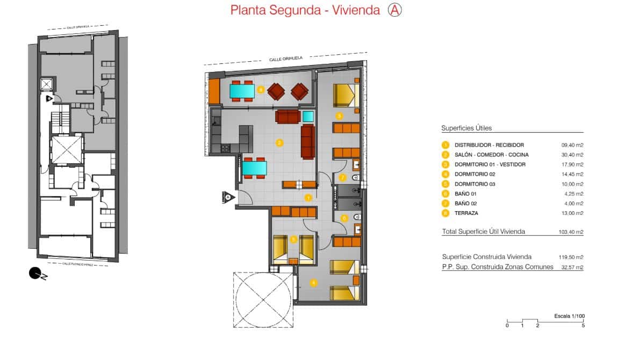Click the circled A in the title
click(x=395, y=10)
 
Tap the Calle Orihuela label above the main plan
click(x=285, y=57)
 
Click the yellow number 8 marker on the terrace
click(x=261, y=90)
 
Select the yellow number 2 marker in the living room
click(x=279, y=143)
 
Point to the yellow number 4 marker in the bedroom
click(x=313, y=282)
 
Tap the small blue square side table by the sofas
click(x=308, y=117)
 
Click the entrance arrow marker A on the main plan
click(x=228, y=197)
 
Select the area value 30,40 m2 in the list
click(x=572, y=155)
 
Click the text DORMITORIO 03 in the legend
click(x=482, y=184)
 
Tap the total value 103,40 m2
click(x=571, y=232)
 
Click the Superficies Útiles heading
click(x=466, y=128)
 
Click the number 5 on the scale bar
click(x=583, y=326)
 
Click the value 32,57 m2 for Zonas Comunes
click(x=572, y=267)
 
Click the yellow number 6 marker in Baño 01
click(x=344, y=218)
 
